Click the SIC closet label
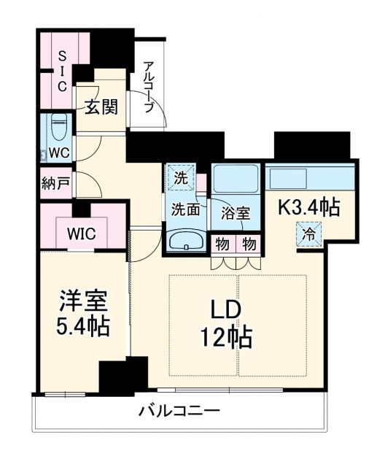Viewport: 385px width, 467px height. (62, 71)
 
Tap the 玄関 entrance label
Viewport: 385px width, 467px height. (101, 107)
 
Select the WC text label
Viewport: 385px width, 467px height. (59, 153)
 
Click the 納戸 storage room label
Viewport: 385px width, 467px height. (55, 183)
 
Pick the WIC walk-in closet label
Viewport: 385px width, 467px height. (81, 233)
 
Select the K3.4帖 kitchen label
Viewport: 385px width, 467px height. (308, 207)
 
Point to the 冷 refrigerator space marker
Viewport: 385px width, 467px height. (309, 234)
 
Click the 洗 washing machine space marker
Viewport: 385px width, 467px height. (181, 178)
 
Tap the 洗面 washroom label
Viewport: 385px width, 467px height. (185, 209)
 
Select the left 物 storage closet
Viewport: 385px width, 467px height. (222, 245)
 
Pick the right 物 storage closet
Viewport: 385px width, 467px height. (249, 245)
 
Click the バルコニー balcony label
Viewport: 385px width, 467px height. (180, 412)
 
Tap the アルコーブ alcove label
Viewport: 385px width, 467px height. (149, 87)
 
